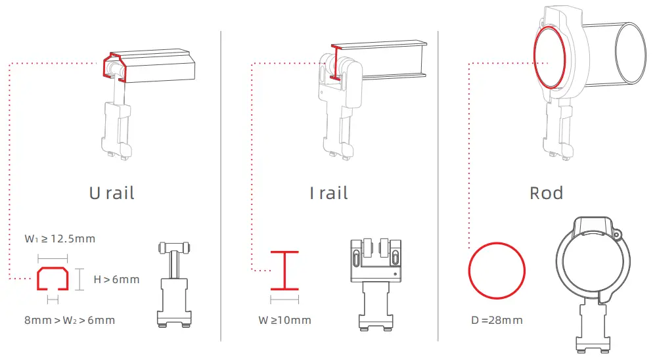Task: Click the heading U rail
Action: [112, 193]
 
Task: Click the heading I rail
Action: [328, 193]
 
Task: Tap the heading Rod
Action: [546, 193]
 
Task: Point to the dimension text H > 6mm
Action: [116, 280]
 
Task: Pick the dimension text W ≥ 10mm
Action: [284, 321]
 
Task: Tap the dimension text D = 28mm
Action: [497, 321]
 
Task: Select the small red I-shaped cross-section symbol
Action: [284, 269]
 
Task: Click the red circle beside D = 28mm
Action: [497, 271]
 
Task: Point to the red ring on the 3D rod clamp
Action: [549, 58]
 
